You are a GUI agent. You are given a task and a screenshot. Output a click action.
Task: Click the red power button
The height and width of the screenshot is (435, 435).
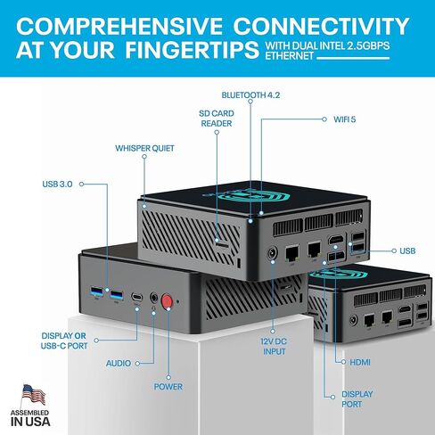tap(167, 301)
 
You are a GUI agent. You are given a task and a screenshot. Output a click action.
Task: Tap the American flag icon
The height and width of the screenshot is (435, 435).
tap(33, 396)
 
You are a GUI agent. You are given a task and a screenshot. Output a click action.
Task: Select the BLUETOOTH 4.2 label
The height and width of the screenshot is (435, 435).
tap(250, 95)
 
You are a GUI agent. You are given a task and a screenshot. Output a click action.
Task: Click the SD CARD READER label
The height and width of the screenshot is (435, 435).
tap(217, 119)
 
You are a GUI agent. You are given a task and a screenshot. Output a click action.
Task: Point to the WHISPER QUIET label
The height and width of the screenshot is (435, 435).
tap(144, 148)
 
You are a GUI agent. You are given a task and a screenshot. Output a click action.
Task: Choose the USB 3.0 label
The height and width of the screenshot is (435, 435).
tap(57, 185)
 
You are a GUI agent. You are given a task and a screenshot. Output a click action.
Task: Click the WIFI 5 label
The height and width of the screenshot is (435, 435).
tap(344, 119)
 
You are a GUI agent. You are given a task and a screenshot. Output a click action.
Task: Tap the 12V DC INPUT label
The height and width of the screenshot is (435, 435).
tap(274, 347)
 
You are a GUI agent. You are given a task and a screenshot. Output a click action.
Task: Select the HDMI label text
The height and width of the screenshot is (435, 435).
tap(360, 362)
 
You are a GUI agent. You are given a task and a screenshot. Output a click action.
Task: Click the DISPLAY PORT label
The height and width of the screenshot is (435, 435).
tap(357, 399)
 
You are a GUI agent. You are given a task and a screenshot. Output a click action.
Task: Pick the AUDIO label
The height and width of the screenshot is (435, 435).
tap(119, 363)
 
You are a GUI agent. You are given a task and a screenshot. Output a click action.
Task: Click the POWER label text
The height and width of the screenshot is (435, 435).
tap(168, 387)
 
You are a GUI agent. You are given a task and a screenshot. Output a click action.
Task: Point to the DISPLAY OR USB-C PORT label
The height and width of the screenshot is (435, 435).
tap(64, 341)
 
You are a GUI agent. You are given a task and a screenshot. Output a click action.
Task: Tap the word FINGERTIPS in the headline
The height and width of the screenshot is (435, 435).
tap(192, 50)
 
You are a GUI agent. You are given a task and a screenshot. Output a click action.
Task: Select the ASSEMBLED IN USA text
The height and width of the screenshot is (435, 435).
tap(30, 418)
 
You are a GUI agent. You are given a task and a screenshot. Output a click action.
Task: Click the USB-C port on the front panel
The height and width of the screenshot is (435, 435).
tap(136, 297)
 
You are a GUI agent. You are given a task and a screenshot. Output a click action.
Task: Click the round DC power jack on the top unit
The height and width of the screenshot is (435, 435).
tap(272, 253)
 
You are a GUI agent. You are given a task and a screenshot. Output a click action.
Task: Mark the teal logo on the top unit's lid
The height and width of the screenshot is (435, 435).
tap(246, 194)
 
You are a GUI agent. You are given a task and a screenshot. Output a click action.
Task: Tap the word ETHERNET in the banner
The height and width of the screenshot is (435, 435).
tap(290, 56)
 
